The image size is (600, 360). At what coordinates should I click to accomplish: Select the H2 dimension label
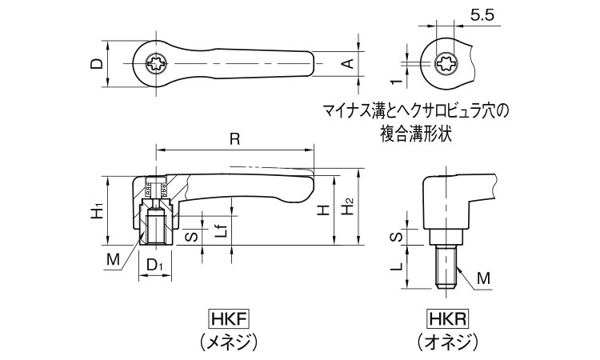[x=347, y=207]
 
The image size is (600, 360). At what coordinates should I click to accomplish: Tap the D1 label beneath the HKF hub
[x=156, y=265]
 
